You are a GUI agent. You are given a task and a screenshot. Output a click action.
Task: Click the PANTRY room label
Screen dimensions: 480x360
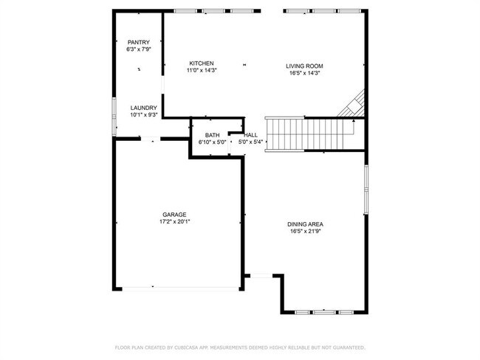tap(139, 43)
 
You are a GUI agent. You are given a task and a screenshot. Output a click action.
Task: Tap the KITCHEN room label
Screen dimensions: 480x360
tap(202, 63)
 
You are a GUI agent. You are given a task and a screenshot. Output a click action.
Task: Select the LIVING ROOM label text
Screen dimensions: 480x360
tap(304, 66)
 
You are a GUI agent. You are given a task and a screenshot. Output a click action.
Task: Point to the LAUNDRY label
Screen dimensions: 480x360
tap(143, 108)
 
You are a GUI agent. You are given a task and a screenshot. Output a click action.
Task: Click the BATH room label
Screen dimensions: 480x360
tap(212, 135)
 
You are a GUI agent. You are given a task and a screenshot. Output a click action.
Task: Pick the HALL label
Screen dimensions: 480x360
tap(251, 135)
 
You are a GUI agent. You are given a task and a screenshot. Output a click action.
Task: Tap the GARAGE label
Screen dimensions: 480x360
tap(174, 215)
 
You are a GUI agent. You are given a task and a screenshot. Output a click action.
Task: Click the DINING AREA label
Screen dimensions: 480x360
tap(305, 224)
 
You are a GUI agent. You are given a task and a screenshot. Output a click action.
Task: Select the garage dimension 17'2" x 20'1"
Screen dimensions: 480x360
tap(174, 222)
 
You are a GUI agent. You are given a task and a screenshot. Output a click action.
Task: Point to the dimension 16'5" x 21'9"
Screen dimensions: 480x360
tap(305, 232)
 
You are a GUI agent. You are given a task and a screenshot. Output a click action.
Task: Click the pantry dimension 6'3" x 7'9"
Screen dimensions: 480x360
tap(139, 49)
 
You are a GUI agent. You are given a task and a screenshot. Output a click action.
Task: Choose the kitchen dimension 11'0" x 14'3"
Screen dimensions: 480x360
tap(202, 70)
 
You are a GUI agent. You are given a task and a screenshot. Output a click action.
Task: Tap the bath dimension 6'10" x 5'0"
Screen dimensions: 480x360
tap(212, 142)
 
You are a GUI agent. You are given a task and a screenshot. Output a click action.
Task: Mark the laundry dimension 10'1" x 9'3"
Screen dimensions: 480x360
tap(143, 115)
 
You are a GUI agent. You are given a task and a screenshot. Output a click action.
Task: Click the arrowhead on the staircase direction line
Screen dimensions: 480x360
tap(354, 121)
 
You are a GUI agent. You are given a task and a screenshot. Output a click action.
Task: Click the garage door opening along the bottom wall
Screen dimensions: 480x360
tap(180, 288)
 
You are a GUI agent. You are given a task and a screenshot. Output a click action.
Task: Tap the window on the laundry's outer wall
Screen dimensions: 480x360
tap(114, 117)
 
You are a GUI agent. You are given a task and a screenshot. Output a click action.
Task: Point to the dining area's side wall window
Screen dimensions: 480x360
tap(366, 190)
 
